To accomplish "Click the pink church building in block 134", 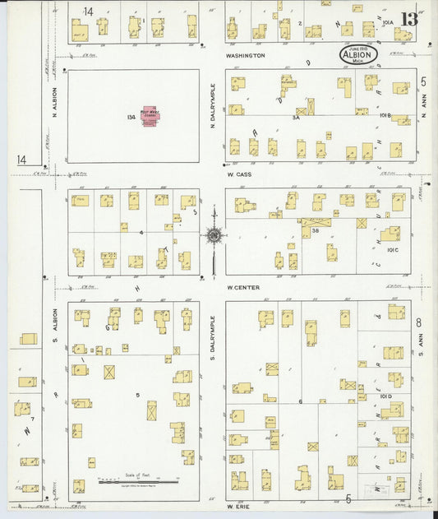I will pyautogui.click(x=150, y=114).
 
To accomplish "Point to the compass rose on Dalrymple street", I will pyautogui.click(x=214, y=236).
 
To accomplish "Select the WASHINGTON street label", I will pyautogui.click(x=246, y=55).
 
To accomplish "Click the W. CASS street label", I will pyautogui.click(x=241, y=174).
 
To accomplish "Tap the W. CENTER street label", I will pyautogui.click(x=244, y=287).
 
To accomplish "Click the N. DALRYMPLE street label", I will pyautogui.click(x=212, y=106).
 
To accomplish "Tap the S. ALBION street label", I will pyautogui.click(x=56, y=329).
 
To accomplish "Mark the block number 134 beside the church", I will pyautogui.click(x=131, y=117).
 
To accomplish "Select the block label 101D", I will pyautogui.click(x=386, y=396).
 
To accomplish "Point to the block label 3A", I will pyautogui.click(x=295, y=118).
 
